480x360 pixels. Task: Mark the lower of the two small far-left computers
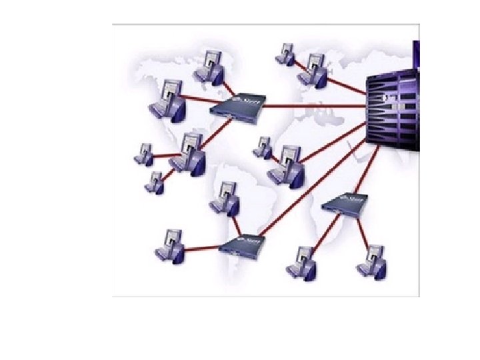pyautogui.click(x=155, y=182)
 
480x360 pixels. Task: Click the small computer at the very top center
pyautogui.click(x=287, y=55)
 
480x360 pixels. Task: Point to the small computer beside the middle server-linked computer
pyautogui.click(x=263, y=147)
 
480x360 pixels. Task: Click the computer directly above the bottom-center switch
pyautogui.click(x=224, y=197)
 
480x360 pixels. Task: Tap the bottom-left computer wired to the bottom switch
pyautogui.click(x=169, y=245)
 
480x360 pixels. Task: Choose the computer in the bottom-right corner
pyautogui.click(x=373, y=261)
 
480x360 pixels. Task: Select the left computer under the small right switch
pyautogui.click(x=301, y=261)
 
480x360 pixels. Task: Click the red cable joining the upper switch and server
pyautogui.click(x=313, y=105)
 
